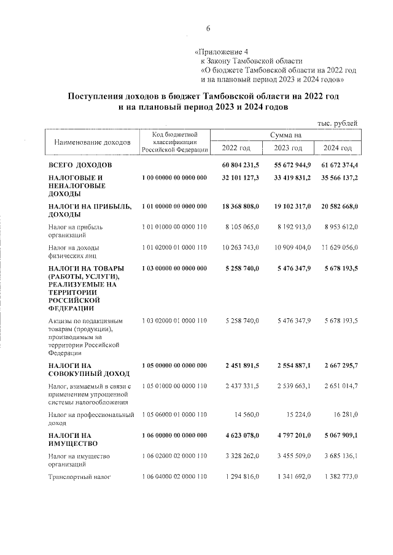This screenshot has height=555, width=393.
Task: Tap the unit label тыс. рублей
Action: tap(337, 123)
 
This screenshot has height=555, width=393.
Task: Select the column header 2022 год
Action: tap(236, 148)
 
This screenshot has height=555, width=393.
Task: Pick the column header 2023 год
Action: tap(288, 148)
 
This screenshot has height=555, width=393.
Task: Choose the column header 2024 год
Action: tap(337, 148)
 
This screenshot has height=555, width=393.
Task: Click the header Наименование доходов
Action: tap(93, 142)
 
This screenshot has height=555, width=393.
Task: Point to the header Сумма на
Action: tap(285, 134)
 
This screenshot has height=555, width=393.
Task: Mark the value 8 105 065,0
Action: tap(240, 226)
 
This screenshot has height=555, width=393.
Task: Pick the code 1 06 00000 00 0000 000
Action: tap(174, 435)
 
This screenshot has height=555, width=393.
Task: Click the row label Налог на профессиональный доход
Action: tap(91, 419)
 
